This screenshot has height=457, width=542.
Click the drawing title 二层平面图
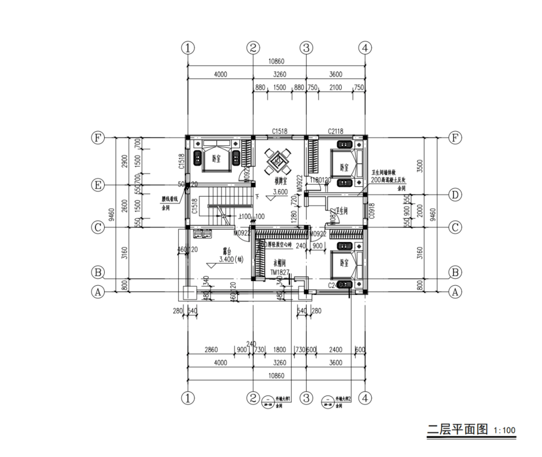(x=457, y=429)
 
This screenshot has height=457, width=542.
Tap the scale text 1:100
(x=505, y=431)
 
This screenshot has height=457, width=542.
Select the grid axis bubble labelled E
(x=98, y=185)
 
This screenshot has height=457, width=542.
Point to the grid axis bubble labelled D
(x=455, y=195)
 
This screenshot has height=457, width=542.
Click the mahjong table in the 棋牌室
(x=279, y=161)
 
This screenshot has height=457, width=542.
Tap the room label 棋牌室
(x=278, y=180)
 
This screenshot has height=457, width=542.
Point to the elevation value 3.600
(x=280, y=191)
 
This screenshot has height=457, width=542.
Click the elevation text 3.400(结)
(x=223, y=260)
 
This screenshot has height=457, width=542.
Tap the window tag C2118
(x=335, y=132)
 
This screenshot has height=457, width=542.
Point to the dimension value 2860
(x=212, y=350)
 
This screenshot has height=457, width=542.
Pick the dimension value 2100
(x=335, y=87)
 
